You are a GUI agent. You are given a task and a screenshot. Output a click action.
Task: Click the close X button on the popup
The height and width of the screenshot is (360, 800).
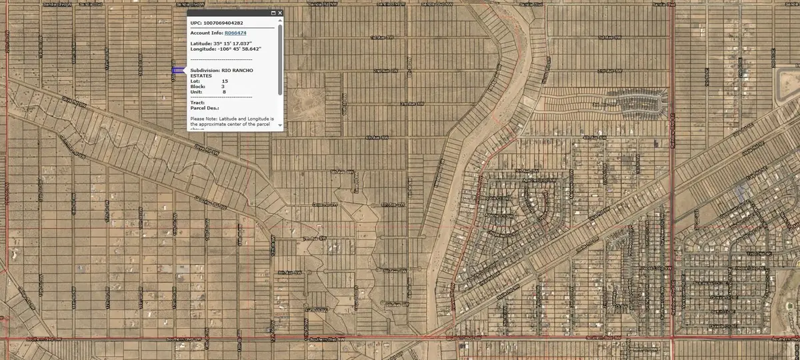pos(279,13)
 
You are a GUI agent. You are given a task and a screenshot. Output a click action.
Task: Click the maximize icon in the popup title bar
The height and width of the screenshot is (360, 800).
pos(273,13)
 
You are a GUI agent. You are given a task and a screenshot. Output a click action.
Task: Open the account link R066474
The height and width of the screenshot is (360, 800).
pos(235,33)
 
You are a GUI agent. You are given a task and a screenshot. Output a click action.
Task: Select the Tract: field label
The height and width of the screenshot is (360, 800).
pos(197,103)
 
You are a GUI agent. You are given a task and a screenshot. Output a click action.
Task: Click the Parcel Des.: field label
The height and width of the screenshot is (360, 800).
pos(205,108)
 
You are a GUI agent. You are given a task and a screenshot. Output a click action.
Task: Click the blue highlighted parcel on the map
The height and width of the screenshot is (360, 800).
pos(177,70)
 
